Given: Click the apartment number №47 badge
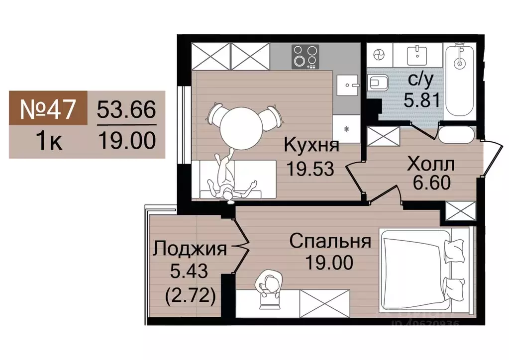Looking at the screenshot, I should tap(48, 108).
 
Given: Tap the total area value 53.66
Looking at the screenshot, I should tap(126, 108).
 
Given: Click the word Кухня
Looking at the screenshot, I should tap(311, 146).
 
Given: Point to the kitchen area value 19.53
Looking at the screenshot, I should tap(309, 168).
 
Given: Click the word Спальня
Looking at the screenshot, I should tap(330, 242).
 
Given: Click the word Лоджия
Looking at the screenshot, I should tap(190, 248).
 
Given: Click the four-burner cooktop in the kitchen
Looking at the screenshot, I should tap(305, 56).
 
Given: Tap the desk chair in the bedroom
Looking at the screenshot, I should tap(270, 285).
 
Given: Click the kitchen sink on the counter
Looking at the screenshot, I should tap(347, 85).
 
